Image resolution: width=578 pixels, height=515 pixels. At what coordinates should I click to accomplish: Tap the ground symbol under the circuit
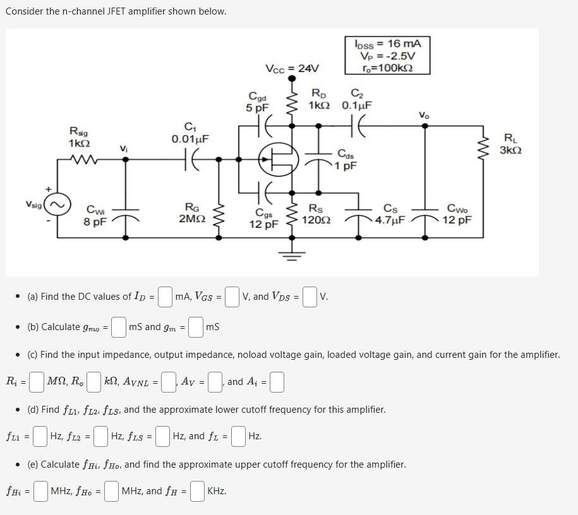pos(291,256)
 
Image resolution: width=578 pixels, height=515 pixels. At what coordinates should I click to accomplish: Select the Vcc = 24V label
pos(292,68)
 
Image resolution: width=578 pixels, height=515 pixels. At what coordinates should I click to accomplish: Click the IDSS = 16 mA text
pos(388,44)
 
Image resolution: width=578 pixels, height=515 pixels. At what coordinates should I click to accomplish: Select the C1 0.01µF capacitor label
pos(190,132)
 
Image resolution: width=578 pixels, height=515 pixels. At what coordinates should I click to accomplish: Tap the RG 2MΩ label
pos(190,212)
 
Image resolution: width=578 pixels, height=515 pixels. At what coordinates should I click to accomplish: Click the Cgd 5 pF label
pos(257,102)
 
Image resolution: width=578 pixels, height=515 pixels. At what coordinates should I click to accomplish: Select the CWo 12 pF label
pos(457,214)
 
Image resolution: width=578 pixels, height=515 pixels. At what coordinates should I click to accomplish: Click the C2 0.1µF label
pos(357,100)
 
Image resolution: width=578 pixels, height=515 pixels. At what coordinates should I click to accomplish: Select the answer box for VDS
pos(310,297)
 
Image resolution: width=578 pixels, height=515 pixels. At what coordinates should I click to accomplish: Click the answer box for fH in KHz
pos(197,491)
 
